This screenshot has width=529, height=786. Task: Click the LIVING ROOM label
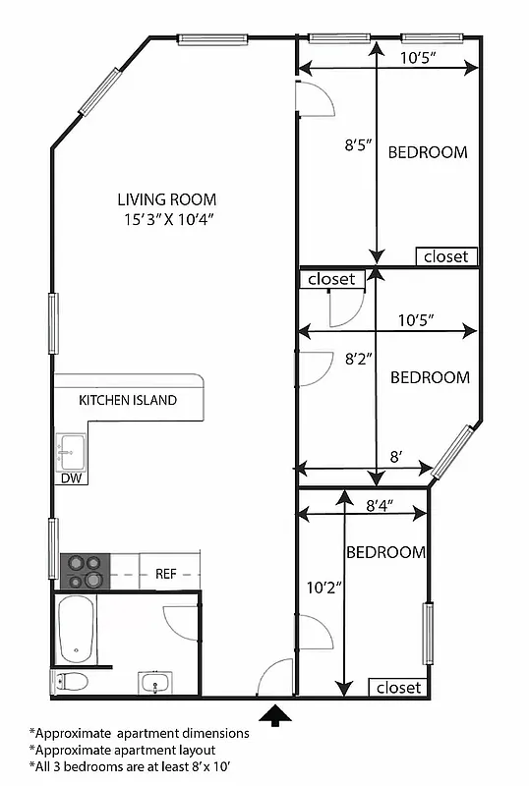click(x=167, y=198)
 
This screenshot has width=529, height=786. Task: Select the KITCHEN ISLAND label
click(x=128, y=400)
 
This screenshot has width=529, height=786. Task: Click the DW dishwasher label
click(x=71, y=478)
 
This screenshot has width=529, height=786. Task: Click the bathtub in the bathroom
click(x=76, y=630)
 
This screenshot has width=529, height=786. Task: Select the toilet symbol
click(x=71, y=681)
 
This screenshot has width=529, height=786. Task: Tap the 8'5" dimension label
click(x=357, y=147)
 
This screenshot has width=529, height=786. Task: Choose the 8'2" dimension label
click(x=357, y=360)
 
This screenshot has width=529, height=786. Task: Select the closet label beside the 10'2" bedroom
click(x=398, y=688)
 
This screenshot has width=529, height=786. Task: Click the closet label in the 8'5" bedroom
click(x=447, y=257)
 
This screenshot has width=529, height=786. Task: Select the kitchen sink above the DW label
click(x=71, y=452)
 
